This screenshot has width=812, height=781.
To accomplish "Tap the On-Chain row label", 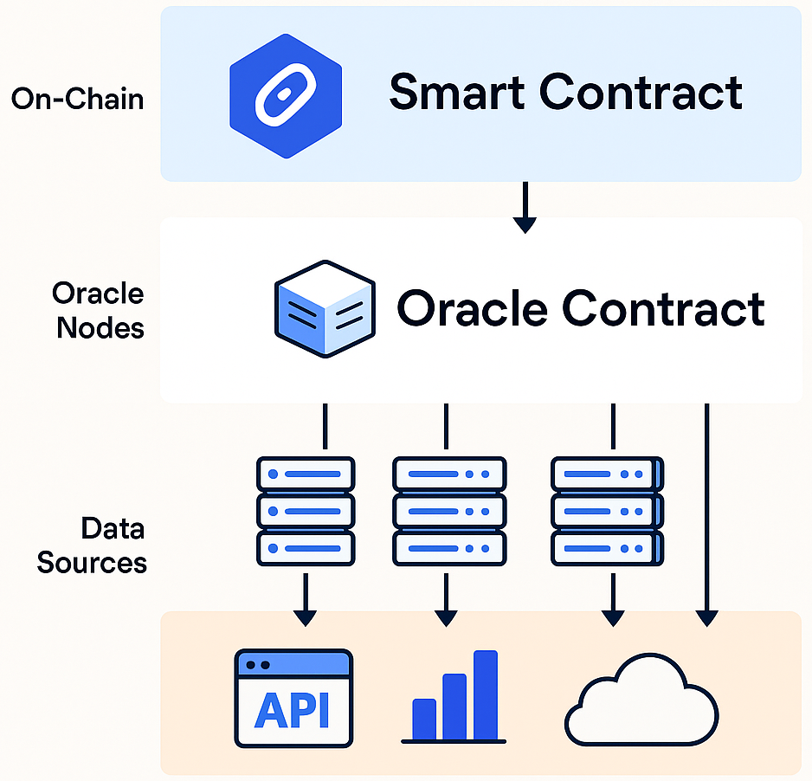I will tap(77, 99).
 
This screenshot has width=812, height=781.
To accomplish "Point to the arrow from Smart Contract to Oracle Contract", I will tap(524, 207).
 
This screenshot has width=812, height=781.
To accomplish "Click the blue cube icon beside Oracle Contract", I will tap(324, 309).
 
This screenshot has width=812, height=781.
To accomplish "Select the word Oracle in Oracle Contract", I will tap(473, 308).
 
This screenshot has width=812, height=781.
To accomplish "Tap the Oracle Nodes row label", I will tap(98, 311).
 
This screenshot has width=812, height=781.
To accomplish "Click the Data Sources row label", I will tap(92, 545).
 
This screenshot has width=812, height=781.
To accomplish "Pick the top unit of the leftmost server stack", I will tap(306, 474).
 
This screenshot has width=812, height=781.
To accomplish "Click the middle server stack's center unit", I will tap(448, 512).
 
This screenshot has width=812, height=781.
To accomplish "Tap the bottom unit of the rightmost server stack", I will tap(608, 548).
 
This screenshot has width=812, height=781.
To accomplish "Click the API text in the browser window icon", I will tap(293, 711).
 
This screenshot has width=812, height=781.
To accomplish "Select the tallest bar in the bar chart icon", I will tap(486, 694).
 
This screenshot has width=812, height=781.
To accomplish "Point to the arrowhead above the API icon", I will tap(305, 616).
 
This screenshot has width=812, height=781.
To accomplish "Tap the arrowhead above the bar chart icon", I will tap(445, 616).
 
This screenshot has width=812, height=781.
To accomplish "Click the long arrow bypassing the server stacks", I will tap(706, 511).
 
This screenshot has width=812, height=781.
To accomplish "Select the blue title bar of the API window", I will tap(293, 664).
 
